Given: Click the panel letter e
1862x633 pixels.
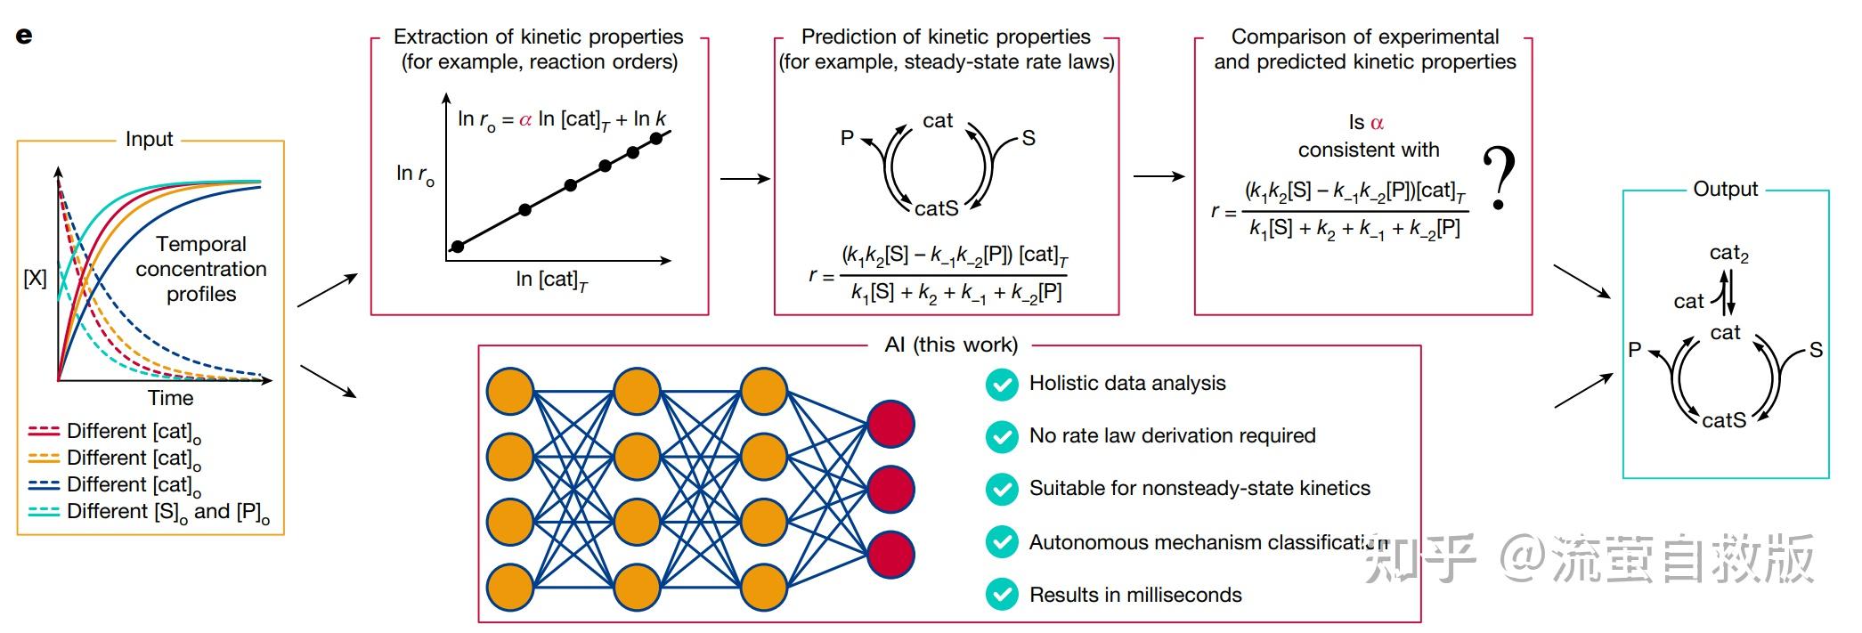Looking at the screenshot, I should (x=24, y=36).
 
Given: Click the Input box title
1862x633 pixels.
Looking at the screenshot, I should (x=149, y=140).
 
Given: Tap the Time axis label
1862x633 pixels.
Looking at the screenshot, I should (x=170, y=398).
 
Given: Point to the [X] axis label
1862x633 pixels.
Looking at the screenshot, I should (x=35, y=278).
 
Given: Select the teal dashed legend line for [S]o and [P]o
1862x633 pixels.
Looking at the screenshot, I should (x=44, y=511).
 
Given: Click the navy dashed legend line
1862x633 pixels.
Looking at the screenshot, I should (x=44, y=484).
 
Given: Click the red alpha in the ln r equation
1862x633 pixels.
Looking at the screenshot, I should (x=525, y=119).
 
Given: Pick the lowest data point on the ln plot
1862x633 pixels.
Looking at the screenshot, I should (x=458, y=247).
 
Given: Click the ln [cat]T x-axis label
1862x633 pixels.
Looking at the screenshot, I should (x=551, y=280).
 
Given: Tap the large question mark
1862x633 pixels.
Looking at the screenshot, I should (x=1499, y=179).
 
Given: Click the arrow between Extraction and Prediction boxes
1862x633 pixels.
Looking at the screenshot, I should (x=744, y=179).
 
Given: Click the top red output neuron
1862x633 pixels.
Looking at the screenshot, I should (x=890, y=424).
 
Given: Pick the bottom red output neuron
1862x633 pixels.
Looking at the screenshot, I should (x=890, y=554).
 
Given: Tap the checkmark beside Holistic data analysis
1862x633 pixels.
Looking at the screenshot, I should (x=1002, y=385).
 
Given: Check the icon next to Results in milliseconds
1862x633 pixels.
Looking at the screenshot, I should (x=1002, y=595).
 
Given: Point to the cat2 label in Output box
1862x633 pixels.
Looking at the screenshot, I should (x=1728, y=254).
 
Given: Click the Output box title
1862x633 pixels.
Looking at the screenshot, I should (x=1725, y=190).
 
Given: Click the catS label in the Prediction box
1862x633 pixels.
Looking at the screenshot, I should (x=937, y=208).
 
